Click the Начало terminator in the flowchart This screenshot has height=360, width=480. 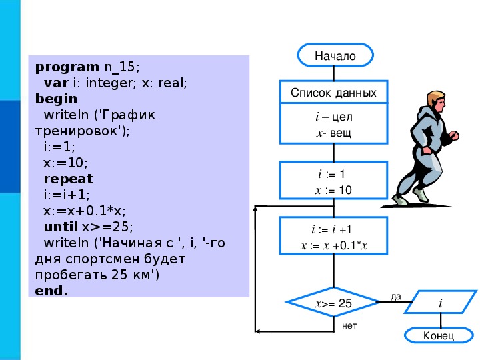coord(335,55)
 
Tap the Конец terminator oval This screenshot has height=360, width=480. coord(439,335)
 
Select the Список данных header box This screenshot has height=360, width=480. coord(334,92)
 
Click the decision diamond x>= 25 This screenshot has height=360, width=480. coord(334,303)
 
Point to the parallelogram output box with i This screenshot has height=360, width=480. coord(441,302)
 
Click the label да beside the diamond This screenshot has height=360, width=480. coord(396,296)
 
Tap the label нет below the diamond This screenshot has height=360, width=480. coord(349,326)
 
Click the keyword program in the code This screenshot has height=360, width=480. coord(67,67)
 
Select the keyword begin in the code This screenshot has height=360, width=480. coord(56,99)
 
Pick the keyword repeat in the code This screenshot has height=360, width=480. coord(68,179)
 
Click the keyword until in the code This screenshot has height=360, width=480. coord(61,227)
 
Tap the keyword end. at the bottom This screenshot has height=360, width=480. coord(51,291)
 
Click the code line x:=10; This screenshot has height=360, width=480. coord(65,163)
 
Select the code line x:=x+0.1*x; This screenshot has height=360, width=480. coord(85,211)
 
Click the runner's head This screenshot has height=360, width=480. coord(436,101)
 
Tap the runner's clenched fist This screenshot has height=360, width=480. coord(454,135)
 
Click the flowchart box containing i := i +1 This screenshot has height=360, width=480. coord(334,236)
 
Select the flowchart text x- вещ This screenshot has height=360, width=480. coord(334,133)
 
